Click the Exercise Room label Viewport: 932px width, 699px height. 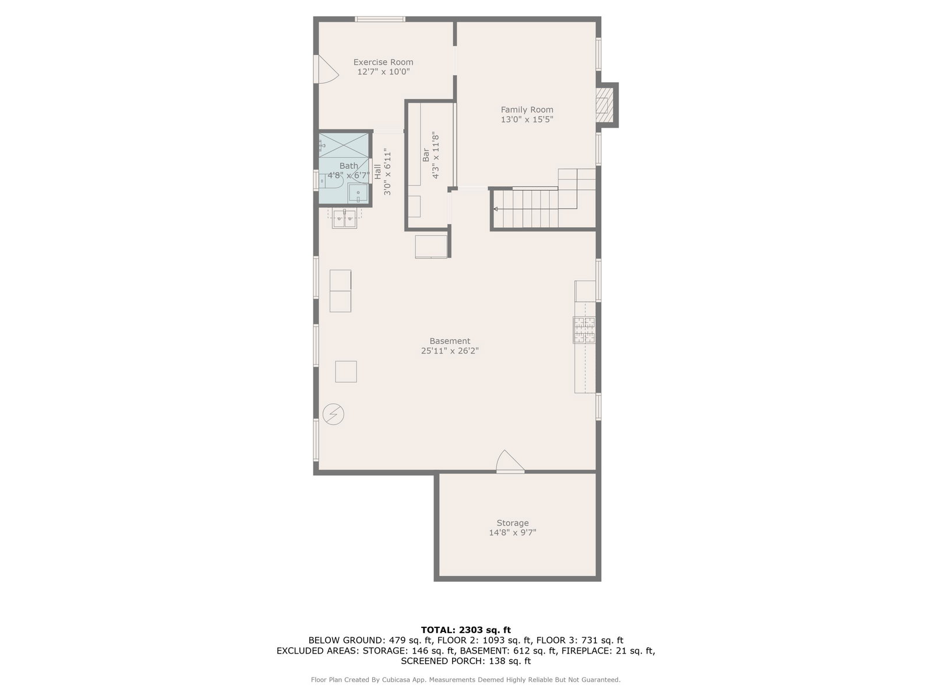(x=383, y=62)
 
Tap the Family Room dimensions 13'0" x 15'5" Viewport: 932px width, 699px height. (x=527, y=119)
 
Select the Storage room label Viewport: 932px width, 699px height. (x=513, y=523)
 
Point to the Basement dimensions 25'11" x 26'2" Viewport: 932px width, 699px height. (x=450, y=351)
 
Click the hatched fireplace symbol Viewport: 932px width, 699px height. (x=605, y=105)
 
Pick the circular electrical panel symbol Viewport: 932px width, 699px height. (x=333, y=414)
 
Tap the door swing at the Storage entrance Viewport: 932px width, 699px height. (x=510, y=461)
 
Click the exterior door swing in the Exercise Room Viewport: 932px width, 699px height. (x=326, y=69)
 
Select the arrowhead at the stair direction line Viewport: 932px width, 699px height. (x=496, y=209)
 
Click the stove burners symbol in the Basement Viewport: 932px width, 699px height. (x=584, y=330)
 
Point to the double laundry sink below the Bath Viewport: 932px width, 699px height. (x=344, y=219)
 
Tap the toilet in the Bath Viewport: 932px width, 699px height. (x=331, y=181)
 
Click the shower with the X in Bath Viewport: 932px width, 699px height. (x=344, y=145)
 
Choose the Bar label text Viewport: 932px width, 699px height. (x=425, y=155)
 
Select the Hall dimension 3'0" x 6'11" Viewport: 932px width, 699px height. (x=387, y=171)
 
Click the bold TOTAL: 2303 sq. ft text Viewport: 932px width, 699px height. (x=466, y=630)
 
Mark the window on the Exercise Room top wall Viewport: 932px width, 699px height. (x=380, y=19)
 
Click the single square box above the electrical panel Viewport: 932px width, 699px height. (x=346, y=372)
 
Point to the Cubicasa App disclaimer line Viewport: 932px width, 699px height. (x=466, y=679)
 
